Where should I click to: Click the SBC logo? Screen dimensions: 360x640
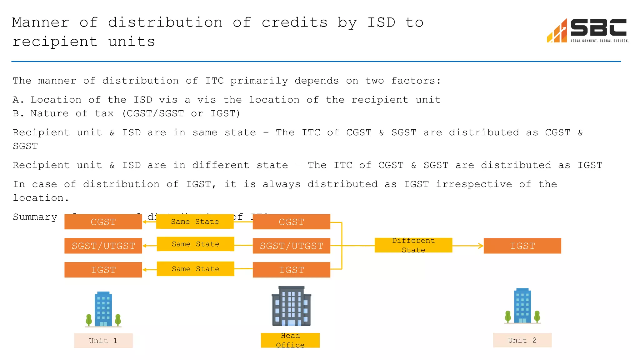click(x=587, y=31)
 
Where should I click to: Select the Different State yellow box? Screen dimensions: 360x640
click(x=413, y=245)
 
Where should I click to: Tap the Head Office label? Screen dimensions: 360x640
click(x=290, y=340)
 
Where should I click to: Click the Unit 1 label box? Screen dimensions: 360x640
click(x=103, y=341)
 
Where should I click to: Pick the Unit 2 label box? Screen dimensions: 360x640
click(x=522, y=340)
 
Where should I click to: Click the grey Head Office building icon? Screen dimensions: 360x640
click(x=291, y=306)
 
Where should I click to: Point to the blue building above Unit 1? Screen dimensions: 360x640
click(x=103, y=309)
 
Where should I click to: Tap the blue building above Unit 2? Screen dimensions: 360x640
click(x=522, y=306)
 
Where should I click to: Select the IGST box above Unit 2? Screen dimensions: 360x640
click(x=522, y=246)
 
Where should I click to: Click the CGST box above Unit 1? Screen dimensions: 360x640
click(x=103, y=222)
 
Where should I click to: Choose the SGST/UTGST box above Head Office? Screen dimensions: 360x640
click(x=291, y=246)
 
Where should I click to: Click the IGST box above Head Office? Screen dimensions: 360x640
click(x=291, y=270)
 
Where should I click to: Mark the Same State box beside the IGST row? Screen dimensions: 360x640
click(x=195, y=269)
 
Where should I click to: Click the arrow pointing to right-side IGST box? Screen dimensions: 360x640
click(x=468, y=246)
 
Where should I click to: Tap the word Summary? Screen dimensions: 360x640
click(x=35, y=217)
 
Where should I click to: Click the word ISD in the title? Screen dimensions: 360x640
click(x=381, y=22)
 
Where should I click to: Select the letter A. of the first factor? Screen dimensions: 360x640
click(x=18, y=100)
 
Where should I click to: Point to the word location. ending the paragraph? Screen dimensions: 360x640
click(x=41, y=198)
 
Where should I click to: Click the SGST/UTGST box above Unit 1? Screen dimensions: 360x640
click(x=103, y=246)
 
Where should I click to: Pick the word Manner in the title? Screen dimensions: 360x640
click(x=41, y=22)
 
